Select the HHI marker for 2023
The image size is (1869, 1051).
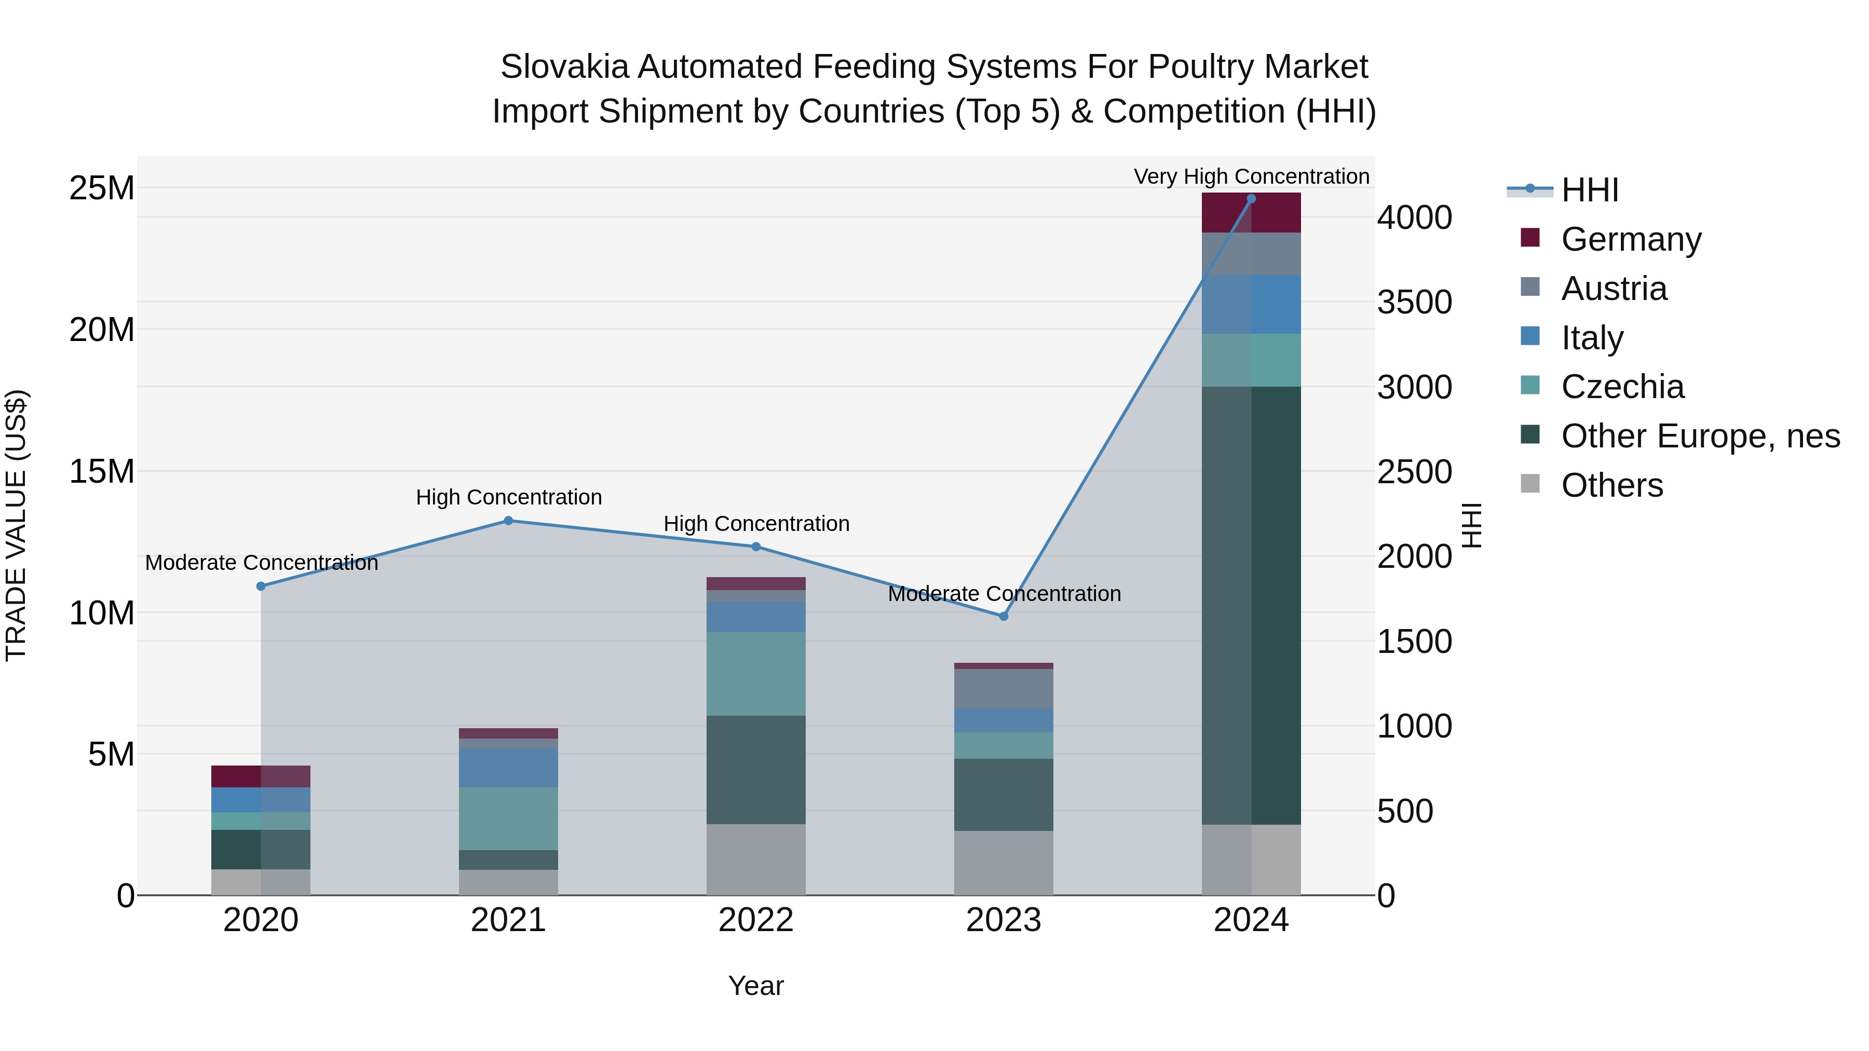click(1004, 617)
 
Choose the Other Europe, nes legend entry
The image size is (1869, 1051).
click(1700, 436)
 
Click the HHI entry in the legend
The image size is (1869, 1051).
click(1589, 190)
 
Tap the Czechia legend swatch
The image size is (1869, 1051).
click(1529, 386)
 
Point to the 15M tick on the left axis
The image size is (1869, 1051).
click(102, 471)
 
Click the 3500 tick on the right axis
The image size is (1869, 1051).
click(1414, 303)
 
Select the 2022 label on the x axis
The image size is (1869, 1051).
click(756, 920)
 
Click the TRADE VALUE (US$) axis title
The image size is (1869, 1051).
click(16, 525)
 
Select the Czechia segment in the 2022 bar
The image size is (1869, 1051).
click(756, 674)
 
